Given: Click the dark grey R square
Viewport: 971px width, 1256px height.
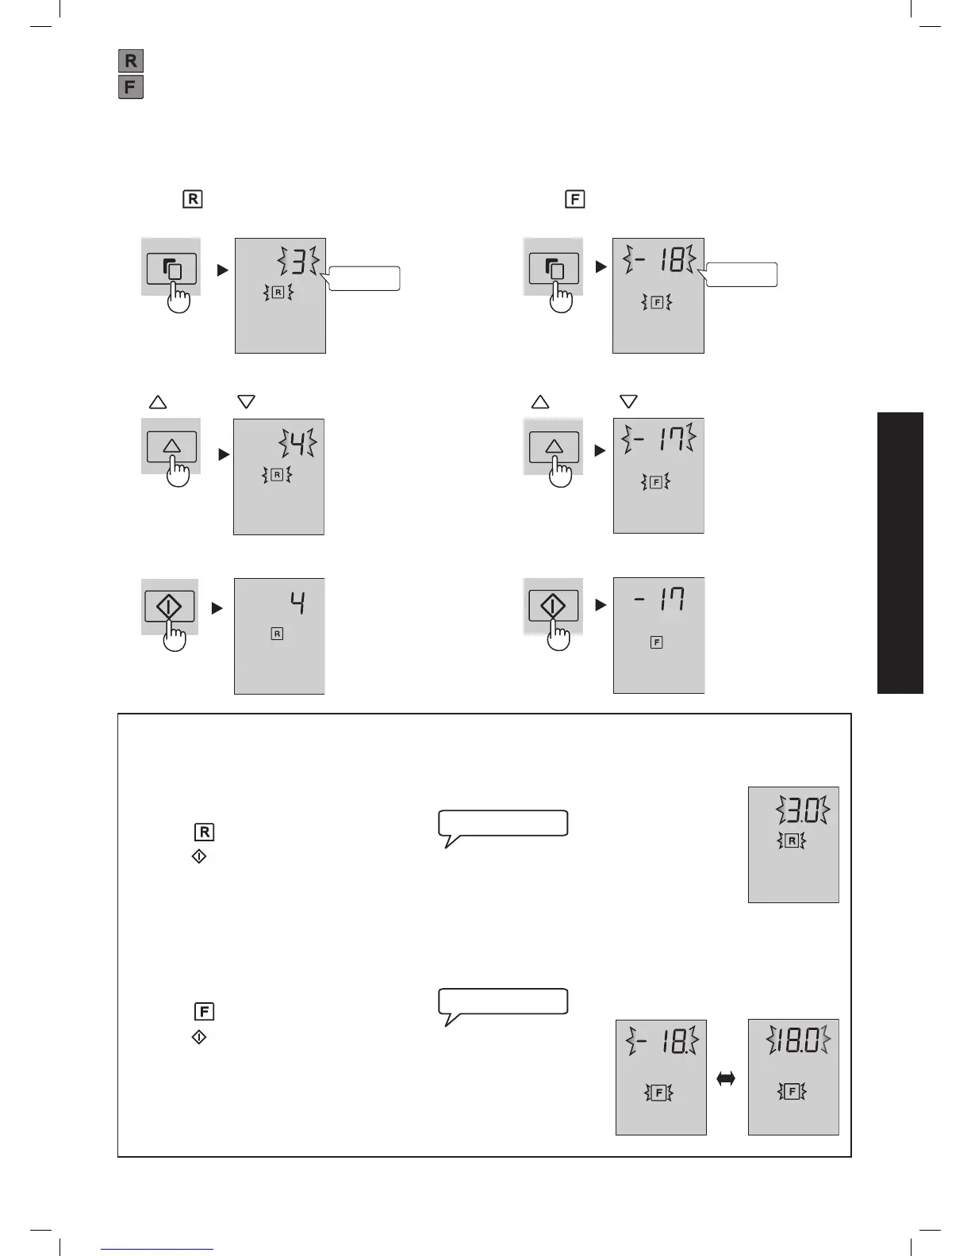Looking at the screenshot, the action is pos(131,60).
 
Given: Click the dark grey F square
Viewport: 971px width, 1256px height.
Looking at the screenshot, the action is pos(131,86).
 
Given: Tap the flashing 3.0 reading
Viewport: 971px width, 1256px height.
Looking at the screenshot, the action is pos(804,811).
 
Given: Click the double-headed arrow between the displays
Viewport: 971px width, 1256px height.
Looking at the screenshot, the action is pos(726,1078).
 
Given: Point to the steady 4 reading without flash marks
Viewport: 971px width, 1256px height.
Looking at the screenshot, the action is pos(297,604).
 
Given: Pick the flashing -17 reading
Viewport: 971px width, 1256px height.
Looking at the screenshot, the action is pos(659,438).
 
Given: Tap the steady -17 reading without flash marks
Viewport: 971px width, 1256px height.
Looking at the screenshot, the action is pos(660,599).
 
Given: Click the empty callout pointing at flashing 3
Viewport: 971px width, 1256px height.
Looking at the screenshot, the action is pos(364,278).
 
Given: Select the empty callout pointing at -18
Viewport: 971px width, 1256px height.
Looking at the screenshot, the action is pos(742,274).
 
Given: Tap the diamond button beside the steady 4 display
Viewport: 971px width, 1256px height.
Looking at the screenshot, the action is pos(170,608).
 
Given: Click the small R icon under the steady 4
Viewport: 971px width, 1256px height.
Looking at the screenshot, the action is pos(277,634).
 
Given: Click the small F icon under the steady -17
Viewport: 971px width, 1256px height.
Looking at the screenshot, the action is pos(656,642).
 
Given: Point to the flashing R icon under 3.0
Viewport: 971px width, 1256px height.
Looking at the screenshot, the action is pos(792,841).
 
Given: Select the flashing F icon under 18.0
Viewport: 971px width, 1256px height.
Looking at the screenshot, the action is pos(792,1092).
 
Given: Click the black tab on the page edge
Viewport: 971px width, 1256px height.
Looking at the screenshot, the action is pos(900,553).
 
